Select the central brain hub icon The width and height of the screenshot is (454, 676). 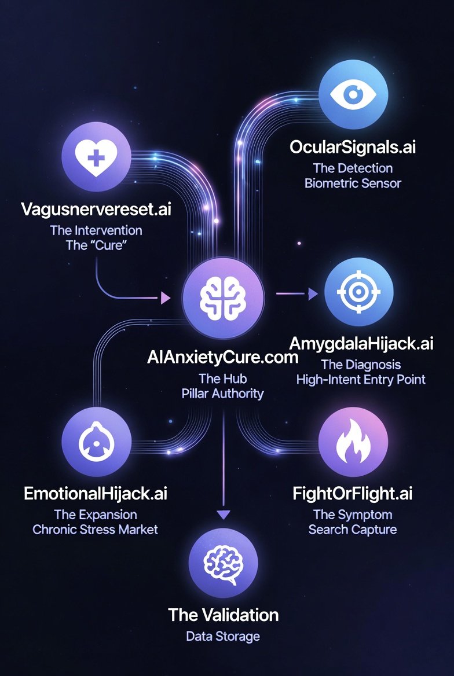click(x=223, y=299)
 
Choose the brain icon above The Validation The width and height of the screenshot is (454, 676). click(x=223, y=562)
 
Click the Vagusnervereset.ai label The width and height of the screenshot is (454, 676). click(x=96, y=209)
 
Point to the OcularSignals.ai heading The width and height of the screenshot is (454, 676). click(x=353, y=146)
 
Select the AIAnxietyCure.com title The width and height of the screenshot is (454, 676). click(x=223, y=357)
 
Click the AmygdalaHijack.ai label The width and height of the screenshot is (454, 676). click(x=361, y=343)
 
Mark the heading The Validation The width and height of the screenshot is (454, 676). click(x=223, y=614)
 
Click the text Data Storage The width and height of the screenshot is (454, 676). click(x=223, y=636)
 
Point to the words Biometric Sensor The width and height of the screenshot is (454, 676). click(x=353, y=183)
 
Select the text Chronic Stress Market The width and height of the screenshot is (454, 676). click(x=96, y=529)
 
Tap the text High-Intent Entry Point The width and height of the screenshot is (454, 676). click(x=361, y=380)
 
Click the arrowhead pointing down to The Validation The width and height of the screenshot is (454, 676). click(x=223, y=513)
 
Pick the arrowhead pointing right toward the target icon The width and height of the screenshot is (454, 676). click(x=313, y=294)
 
